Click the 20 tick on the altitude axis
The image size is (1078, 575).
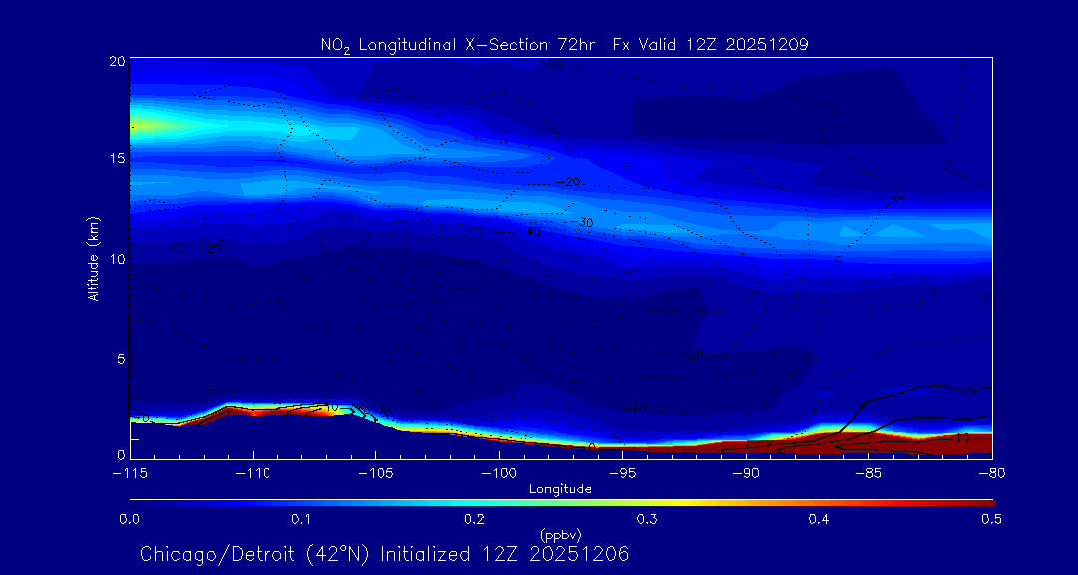(x=117, y=61)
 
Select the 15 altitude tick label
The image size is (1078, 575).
(x=117, y=159)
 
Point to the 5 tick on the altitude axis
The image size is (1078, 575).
(x=120, y=358)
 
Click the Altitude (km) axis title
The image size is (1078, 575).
(x=94, y=258)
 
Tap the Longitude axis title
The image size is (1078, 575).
(x=560, y=489)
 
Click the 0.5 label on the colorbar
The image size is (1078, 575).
(x=991, y=519)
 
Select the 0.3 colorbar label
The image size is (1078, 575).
(x=647, y=519)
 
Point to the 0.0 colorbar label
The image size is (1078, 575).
(x=130, y=519)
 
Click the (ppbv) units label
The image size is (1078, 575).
(x=560, y=535)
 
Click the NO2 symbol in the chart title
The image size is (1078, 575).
(x=335, y=45)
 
